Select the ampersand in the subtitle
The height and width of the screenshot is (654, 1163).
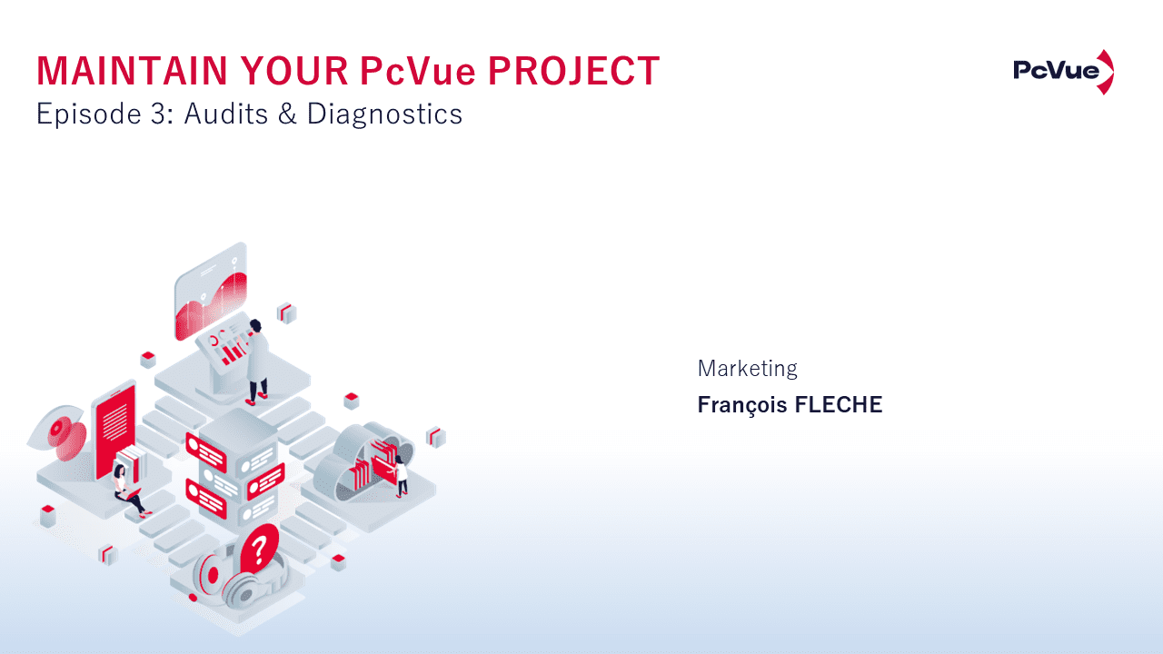289,114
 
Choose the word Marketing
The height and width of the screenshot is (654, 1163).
747,369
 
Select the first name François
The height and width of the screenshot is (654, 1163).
742,405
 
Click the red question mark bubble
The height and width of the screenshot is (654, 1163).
260,547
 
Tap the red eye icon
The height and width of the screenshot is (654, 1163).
61,427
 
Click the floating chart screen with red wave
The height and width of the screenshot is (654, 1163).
211,292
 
